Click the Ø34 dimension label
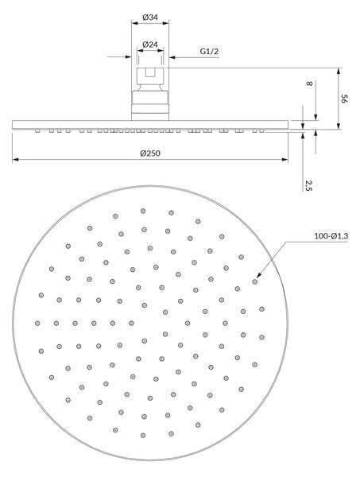coord(150,17)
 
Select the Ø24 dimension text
coord(150,45)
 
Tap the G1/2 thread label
coord(209,51)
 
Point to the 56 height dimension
coord(343,99)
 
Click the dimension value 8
coord(309,83)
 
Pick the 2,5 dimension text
coord(308,185)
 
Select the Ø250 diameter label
coord(150,153)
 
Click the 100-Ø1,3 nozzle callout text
coord(331,236)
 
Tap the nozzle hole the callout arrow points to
coord(255,281)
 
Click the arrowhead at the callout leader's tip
coord(259,275)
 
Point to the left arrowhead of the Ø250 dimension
coord(15,160)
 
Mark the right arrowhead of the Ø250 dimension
coord(285,160)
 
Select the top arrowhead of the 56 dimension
coord(338,72)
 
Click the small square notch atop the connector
coord(150,72)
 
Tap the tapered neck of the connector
coord(150,87)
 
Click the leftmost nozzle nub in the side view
coord(37,131)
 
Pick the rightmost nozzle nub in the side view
coord(262,131)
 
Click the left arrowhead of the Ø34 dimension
coord(134,23)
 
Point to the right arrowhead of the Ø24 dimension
coord(161,50)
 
